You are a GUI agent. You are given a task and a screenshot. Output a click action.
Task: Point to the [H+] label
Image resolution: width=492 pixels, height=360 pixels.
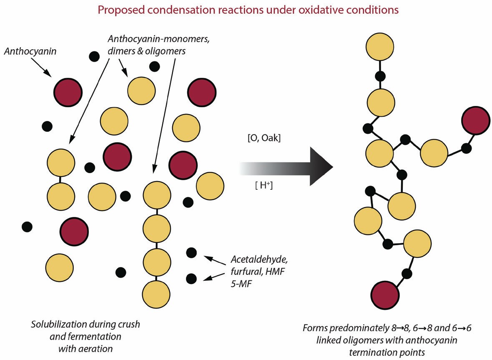264,186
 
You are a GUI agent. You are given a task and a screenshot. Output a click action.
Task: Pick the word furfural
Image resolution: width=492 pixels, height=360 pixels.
244,271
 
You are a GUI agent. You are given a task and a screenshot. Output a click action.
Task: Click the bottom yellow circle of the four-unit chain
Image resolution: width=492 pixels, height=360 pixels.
156,294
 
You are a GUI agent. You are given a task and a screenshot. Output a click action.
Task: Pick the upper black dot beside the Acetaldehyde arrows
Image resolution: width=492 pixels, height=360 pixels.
191,252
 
